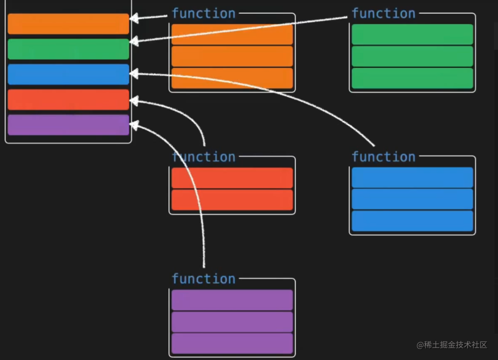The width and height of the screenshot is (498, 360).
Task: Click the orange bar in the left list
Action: click(x=68, y=24)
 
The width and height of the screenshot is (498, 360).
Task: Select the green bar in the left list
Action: click(x=68, y=49)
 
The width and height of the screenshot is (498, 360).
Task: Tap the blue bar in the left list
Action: click(x=68, y=74)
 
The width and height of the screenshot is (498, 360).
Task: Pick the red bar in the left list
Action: click(x=68, y=100)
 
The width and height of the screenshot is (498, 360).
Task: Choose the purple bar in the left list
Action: click(x=68, y=125)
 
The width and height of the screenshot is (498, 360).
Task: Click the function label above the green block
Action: click(x=383, y=14)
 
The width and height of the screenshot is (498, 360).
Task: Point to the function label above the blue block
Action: click(x=383, y=157)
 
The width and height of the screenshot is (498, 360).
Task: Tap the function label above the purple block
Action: click(x=204, y=279)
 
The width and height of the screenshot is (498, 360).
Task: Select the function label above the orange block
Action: click(x=204, y=14)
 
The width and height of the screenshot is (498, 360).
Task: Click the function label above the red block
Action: click(x=204, y=157)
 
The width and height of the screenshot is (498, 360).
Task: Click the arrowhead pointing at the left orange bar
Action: click(x=134, y=18)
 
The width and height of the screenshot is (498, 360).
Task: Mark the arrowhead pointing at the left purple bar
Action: click(x=134, y=126)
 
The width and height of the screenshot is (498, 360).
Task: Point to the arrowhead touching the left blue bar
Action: click(x=134, y=74)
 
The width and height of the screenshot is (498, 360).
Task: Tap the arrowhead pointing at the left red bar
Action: click(x=134, y=101)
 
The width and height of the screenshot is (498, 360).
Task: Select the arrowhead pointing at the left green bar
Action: click(x=134, y=41)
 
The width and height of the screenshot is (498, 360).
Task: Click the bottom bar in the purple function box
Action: click(x=232, y=344)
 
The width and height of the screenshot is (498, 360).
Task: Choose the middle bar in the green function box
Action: click(x=412, y=56)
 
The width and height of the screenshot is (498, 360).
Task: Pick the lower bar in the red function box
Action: click(x=232, y=200)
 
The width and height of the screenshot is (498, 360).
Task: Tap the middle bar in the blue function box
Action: click(x=412, y=199)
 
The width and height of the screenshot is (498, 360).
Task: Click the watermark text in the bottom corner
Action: click(x=452, y=345)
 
